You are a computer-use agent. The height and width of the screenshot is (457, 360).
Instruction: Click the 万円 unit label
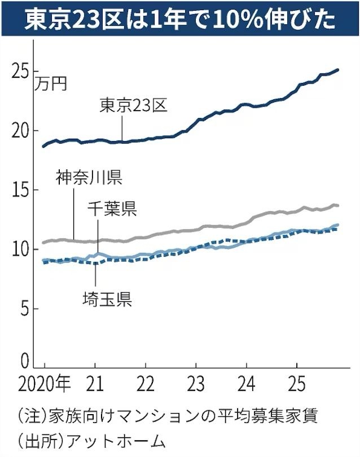point(51,85)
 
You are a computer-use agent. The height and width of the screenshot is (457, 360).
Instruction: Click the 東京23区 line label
point(134,106)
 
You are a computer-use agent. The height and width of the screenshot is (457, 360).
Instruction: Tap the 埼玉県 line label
point(107,299)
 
